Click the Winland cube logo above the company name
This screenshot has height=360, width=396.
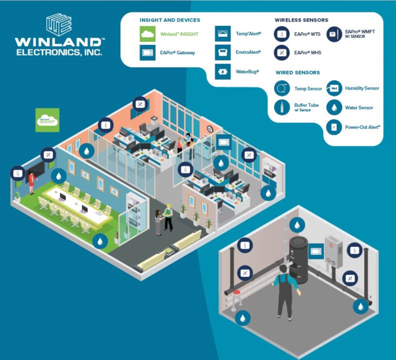pyautogui.click(x=59, y=25)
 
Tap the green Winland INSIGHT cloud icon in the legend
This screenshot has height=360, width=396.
pyautogui.click(x=148, y=34)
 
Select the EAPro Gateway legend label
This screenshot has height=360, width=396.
pyautogui.click(x=177, y=53)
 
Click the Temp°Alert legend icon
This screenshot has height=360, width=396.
pyautogui.click(x=223, y=34)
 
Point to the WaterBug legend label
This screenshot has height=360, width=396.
pyautogui.click(x=247, y=72)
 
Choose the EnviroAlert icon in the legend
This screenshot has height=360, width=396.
pyautogui.click(x=223, y=52)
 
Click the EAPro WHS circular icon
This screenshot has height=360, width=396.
pyautogui.click(x=282, y=53)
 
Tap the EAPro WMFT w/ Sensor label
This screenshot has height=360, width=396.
pyautogui.click(x=359, y=34)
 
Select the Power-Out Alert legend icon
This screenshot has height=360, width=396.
pyautogui.click(x=334, y=127)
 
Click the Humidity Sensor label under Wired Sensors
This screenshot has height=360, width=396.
pyautogui.click(x=362, y=88)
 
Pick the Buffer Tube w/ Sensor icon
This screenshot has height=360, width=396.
pyautogui.click(x=282, y=108)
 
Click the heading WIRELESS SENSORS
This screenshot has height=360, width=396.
pyautogui.click(x=301, y=20)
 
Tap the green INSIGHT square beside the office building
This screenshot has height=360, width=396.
pyautogui.click(x=47, y=120)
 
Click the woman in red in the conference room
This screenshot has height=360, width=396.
pyautogui.click(x=32, y=182)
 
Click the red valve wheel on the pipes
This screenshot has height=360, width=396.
pyautogui.click(x=237, y=292)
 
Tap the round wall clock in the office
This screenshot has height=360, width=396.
pyautogui.click(x=210, y=129)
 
